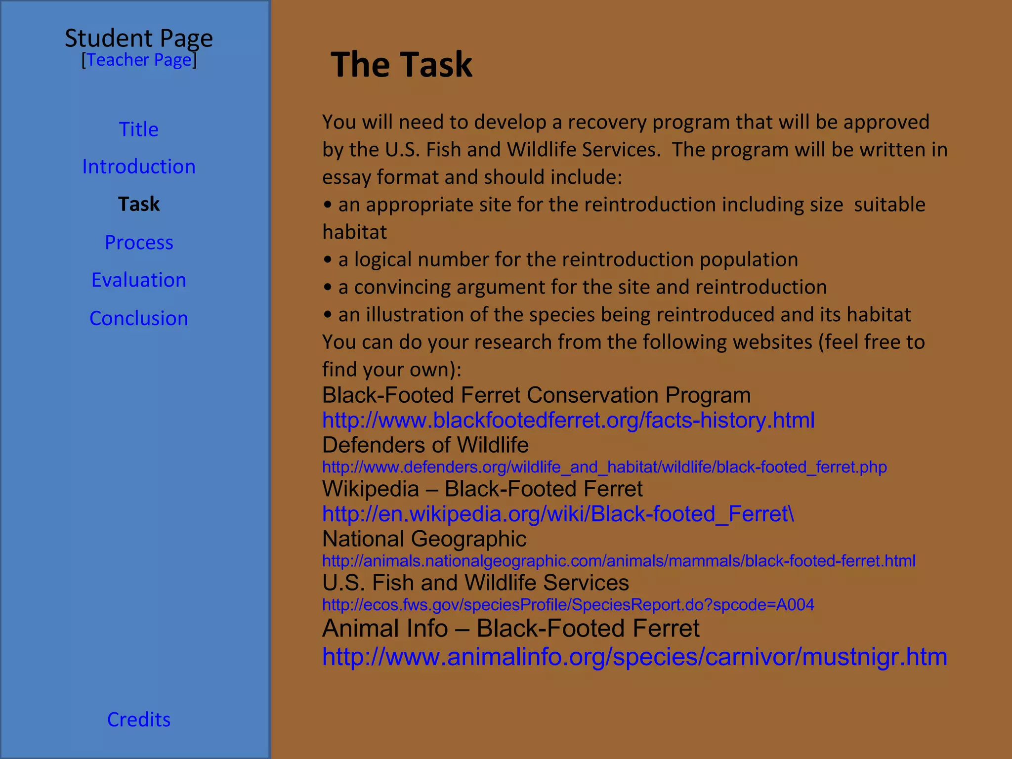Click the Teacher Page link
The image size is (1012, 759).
click(139, 60)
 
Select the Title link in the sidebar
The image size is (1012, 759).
click(139, 129)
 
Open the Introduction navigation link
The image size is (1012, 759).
click(139, 167)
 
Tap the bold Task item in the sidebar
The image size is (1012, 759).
click(139, 204)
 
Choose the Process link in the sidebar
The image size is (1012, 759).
click(139, 242)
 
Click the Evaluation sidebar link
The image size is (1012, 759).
click(139, 280)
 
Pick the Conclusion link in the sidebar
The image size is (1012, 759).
click(139, 318)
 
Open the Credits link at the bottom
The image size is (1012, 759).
click(139, 719)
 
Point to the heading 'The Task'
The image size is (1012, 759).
click(401, 65)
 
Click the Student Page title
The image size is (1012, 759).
click(139, 38)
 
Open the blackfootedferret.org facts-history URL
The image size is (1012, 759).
click(568, 421)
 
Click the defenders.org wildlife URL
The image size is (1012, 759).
click(604, 467)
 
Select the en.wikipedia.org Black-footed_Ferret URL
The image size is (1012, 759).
click(558, 514)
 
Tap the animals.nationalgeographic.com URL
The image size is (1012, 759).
click(619, 561)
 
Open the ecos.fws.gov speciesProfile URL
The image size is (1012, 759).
click(568, 605)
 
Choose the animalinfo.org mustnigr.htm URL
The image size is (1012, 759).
click(634, 657)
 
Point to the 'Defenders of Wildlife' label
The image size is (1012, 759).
click(425, 445)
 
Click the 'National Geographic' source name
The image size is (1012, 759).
click(424, 539)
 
